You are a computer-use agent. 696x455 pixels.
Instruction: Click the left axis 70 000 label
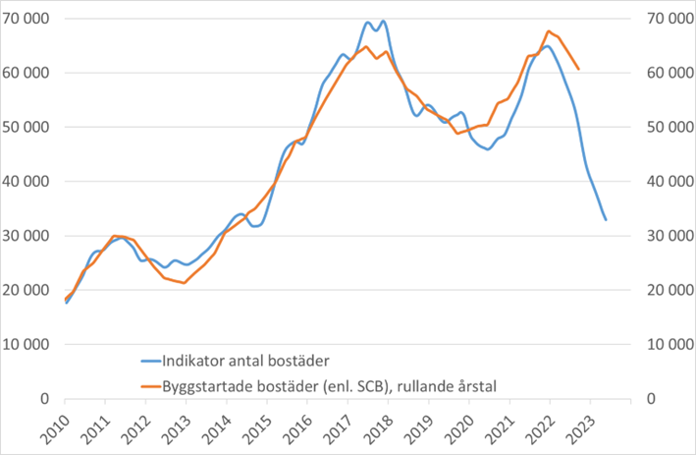click(x=30, y=19)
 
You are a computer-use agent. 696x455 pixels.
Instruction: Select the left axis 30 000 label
click(x=30, y=236)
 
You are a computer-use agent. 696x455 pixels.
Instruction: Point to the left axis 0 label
click(x=46, y=398)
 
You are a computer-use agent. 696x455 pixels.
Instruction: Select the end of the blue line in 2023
click(x=606, y=220)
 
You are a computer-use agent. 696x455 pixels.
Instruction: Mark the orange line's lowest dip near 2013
click(x=185, y=283)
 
